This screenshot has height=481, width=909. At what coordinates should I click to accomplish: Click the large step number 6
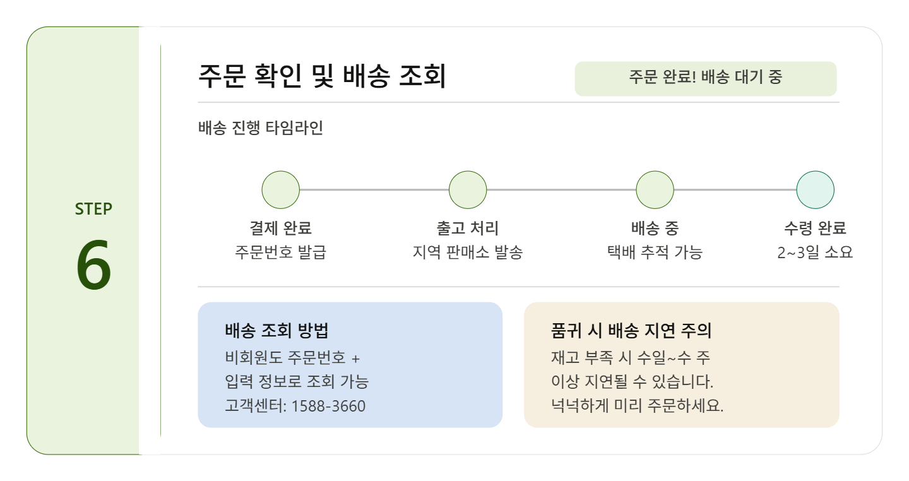[93, 265]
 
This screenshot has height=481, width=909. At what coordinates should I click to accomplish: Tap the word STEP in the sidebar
[93, 209]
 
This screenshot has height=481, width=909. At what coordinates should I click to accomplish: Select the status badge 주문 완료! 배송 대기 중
[705, 78]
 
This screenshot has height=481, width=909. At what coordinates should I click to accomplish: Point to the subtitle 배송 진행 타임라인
[260, 128]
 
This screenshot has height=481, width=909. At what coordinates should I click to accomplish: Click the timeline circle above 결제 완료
[280, 189]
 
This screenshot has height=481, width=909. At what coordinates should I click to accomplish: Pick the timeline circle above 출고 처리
[468, 189]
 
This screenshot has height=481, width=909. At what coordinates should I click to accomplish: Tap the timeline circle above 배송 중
[655, 189]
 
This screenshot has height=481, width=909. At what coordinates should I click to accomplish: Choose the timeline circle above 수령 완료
[815, 189]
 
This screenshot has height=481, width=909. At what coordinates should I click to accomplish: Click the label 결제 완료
[280, 228]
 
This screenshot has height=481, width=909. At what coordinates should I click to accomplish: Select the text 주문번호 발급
[280, 252]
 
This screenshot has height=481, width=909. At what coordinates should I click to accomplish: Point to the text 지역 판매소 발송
[468, 252]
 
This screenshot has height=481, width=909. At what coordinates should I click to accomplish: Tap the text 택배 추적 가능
[655, 252]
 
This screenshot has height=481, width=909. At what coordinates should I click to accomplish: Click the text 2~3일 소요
[815, 252]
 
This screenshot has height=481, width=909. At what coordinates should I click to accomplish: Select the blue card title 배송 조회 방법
[276, 331]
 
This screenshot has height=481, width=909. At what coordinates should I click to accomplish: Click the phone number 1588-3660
[328, 406]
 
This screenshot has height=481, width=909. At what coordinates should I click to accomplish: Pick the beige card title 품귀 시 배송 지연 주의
[631, 331]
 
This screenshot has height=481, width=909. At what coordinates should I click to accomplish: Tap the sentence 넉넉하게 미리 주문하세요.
[637, 406]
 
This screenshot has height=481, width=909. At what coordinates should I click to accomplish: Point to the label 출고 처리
[468, 228]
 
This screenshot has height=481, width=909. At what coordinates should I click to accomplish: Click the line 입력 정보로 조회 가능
[297, 381]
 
